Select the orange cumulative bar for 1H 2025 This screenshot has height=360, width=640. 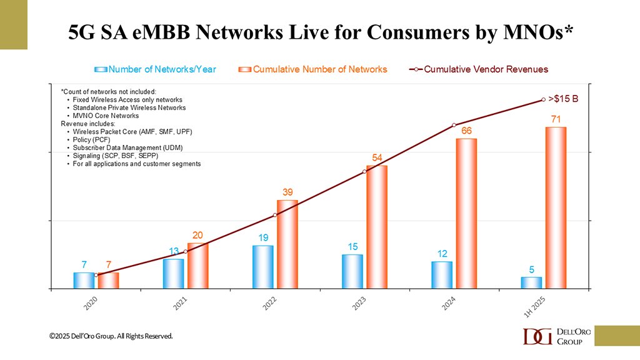[x=556, y=207]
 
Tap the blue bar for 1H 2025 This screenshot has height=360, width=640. [x=531, y=282]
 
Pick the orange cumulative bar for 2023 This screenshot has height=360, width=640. [x=377, y=227]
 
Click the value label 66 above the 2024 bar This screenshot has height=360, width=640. [x=466, y=131]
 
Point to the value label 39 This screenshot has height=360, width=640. [x=287, y=192]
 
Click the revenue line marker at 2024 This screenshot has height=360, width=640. [x=454, y=125]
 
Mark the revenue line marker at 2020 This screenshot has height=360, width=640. [x=96, y=275]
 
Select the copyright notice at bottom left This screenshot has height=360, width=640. [x=111, y=336]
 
